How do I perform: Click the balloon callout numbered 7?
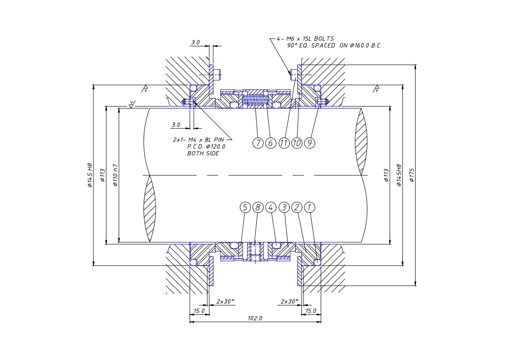coord(258,143)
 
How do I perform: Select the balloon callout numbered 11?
coord(284,143)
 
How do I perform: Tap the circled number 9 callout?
coord(310,143)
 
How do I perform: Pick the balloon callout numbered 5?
coord(245,207)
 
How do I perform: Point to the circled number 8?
coord(258,207)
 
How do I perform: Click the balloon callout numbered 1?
coord(310,207)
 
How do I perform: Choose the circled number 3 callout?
coord(284,207)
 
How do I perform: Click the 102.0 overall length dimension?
coord(255,318)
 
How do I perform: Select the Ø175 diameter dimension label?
coord(412,175)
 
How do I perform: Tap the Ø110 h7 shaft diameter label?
coord(115,175)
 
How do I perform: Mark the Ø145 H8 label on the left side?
coord(90,175)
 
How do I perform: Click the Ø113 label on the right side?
coord(387,175)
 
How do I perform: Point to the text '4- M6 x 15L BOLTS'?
coord(305,39)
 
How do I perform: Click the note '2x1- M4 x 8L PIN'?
coord(198,140)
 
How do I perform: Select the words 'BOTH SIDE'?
coord(203,153)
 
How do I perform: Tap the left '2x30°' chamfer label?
coord(225,301)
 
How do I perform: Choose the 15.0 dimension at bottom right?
coord(311,311)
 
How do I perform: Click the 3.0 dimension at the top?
coord(196,42)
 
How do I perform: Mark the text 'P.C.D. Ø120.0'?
coord(206,147)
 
